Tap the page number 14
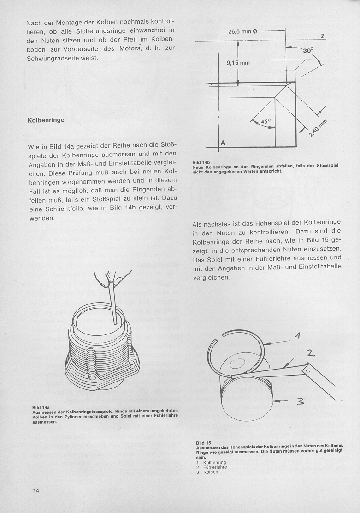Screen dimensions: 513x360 [x=36, y=490]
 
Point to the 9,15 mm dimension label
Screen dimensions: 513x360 [x=238, y=63]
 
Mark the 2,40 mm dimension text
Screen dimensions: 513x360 [x=316, y=131]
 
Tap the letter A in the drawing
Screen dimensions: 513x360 [x=223, y=143]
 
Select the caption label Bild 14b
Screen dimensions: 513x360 [x=201, y=163]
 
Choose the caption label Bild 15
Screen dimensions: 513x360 [x=203, y=443]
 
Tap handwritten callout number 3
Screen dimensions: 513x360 [x=300, y=402]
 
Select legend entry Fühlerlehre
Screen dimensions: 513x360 [x=215, y=467]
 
